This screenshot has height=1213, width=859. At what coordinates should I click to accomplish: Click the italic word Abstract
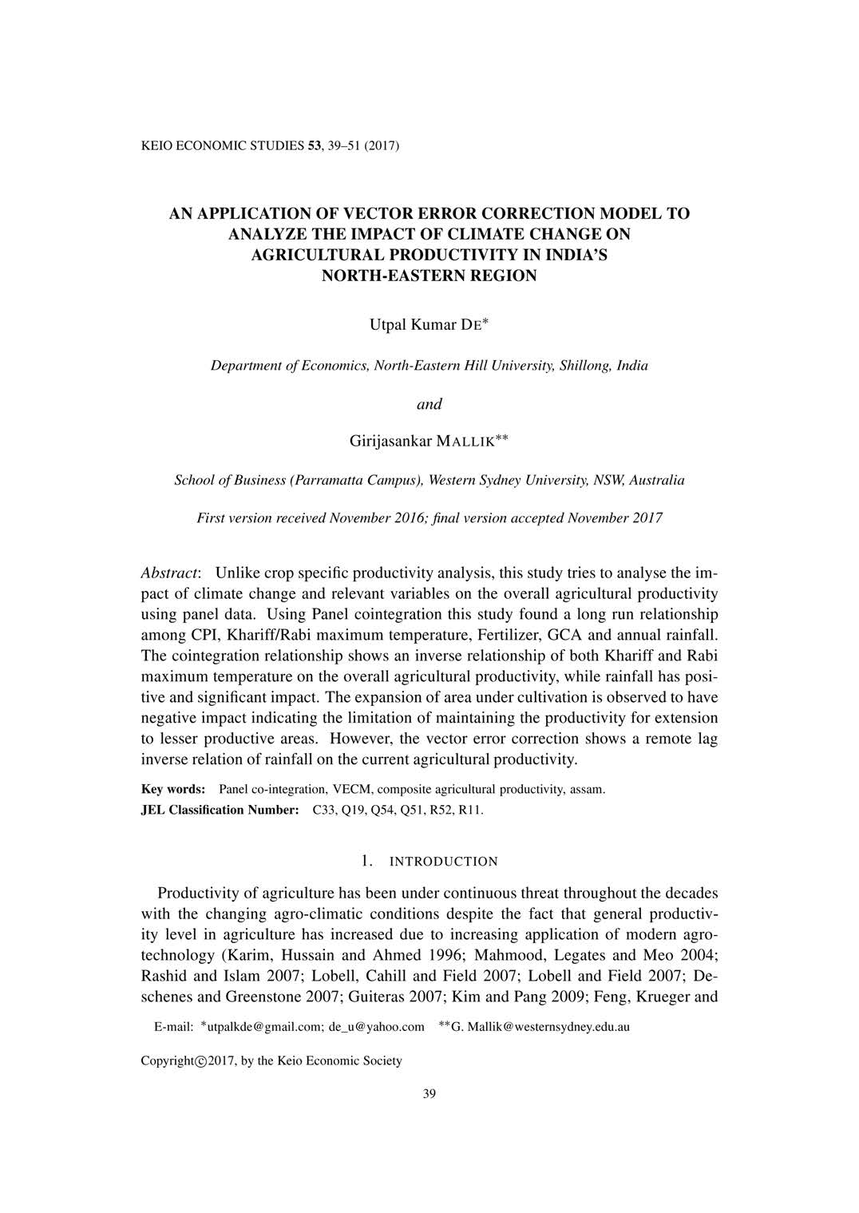tap(169, 573)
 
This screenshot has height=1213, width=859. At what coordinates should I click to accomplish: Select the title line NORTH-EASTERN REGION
tap(429, 276)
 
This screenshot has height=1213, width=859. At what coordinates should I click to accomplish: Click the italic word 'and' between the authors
tap(429, 404)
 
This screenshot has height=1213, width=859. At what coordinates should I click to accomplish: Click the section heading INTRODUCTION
tap(443, 862)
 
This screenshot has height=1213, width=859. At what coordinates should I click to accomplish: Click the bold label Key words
tap(173, 790)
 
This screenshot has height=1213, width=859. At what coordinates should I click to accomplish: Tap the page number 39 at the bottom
tap(429, 1094)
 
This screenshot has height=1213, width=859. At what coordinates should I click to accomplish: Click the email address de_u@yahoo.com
tap(376, 1027)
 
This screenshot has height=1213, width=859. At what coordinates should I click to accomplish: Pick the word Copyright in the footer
tap(168, 1061)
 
